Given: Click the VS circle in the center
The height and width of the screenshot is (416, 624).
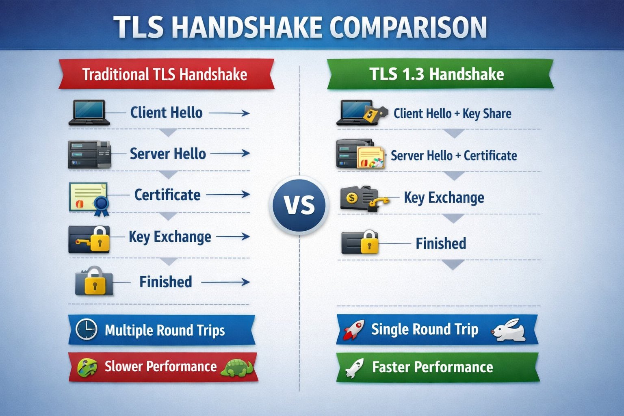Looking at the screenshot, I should [x=299, y=205].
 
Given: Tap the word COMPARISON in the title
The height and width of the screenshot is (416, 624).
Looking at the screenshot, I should [x=408, y=28].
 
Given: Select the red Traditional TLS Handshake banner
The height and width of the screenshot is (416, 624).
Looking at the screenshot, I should [x=165, y=74].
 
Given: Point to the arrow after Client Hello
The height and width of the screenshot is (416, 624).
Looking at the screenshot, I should [x=230, y=113].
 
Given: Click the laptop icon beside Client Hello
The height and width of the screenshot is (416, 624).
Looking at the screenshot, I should [x=89, y=113].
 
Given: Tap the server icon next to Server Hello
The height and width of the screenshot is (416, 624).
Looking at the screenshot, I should [x=89, y=154].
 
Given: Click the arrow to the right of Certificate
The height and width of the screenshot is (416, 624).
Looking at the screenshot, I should [x=228, y=195].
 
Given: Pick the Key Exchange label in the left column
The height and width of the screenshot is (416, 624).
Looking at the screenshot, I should [x=170, y=237].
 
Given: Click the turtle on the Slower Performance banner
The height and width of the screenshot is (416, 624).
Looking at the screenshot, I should [x=238, y=368].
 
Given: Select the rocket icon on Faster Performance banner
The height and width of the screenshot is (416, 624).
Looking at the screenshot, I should [x=354, y=368].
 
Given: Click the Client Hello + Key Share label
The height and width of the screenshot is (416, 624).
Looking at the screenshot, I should [x=452, y=114].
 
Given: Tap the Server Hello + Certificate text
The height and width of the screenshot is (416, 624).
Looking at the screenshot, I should [x=453, y=156].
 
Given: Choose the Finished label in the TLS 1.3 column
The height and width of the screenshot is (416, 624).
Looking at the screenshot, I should [x=441, y=244].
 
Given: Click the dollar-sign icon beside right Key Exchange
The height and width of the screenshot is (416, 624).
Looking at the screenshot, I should [x=352, y=198].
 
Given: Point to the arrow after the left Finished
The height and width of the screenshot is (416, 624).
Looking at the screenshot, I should [x=225, y=282].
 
